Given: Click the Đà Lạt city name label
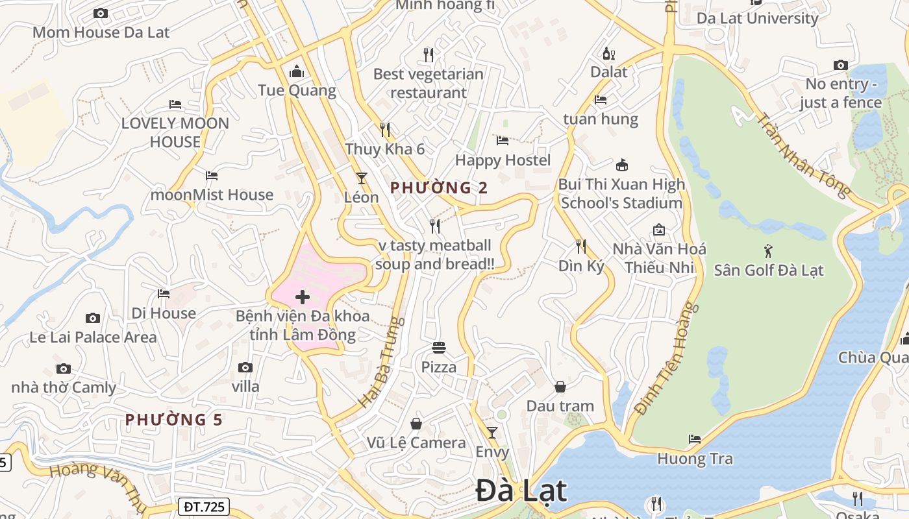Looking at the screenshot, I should (521, 490).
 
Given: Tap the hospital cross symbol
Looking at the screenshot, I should (303, 298).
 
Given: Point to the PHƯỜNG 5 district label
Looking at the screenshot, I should (174, 420).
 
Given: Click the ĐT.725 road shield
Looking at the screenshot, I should (203, 507).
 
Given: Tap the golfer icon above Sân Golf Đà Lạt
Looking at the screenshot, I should (769, 250).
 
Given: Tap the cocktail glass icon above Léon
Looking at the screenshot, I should (362, 178).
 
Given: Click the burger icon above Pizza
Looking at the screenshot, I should (439, 348).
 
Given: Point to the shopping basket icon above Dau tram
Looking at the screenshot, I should (560, 387).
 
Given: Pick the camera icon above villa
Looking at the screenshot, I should (245, 367).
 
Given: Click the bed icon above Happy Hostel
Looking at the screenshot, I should (503, 140).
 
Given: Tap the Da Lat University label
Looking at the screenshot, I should (757, 18).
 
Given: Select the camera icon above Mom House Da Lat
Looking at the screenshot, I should (101, 13).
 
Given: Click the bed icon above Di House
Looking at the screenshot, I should (164, 294).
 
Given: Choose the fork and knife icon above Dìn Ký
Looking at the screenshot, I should (581, 247).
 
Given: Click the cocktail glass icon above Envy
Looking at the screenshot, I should (492, 432).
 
